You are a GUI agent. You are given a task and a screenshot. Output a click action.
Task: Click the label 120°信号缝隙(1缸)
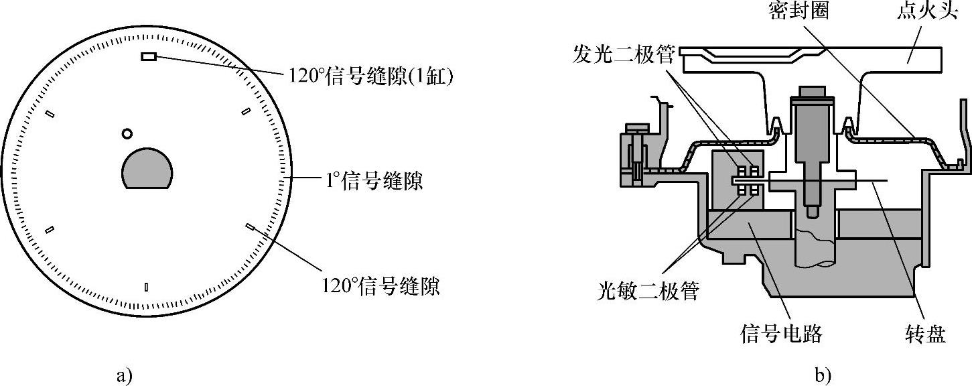(371, 78)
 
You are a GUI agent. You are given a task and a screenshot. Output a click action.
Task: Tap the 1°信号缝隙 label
(366, 181)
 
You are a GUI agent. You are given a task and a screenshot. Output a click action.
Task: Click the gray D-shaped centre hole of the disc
(147, 169)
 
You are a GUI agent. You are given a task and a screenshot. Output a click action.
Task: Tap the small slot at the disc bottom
(147, 287)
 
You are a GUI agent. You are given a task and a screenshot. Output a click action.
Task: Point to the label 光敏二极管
(648, 291)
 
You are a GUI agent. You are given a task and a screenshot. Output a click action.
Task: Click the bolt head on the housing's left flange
(636, 127)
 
